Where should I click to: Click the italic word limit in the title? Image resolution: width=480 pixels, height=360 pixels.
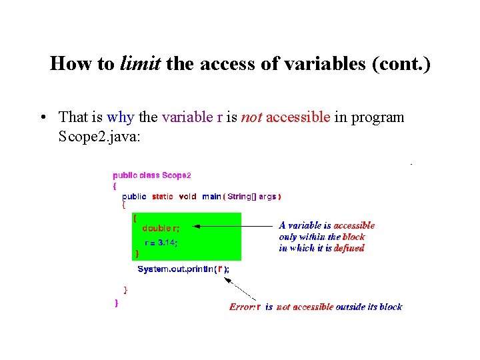tap(141, 63)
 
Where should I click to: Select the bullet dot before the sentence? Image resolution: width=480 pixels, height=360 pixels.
tap(42, 117)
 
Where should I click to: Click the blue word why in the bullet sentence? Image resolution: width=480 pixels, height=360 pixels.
tap(120, 117)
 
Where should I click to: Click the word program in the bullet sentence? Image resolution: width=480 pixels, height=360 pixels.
tap(378, 117)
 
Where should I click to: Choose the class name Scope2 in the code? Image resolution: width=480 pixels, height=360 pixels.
tap(176, 175)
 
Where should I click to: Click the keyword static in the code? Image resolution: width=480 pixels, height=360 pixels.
tap(162, 196)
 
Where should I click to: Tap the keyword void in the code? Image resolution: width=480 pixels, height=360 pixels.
tap(187, 196)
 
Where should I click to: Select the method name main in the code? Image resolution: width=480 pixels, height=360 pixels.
tap(211, 196)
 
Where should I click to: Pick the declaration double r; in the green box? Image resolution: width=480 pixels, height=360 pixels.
tap(161, 228)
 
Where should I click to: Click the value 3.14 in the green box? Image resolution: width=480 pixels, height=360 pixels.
tap(166, 243)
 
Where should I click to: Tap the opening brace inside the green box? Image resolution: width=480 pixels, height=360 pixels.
tap(135, 217)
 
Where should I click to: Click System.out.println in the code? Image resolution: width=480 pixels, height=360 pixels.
tap(175, 269)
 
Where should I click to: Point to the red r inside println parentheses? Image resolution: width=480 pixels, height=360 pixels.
tap(220, 269)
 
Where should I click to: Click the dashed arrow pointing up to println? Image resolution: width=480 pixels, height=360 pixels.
tap(241, 289)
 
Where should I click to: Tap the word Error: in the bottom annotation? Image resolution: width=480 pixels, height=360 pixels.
tap(242, 307)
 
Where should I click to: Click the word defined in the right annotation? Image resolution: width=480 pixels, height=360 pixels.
tap(349, 248)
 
